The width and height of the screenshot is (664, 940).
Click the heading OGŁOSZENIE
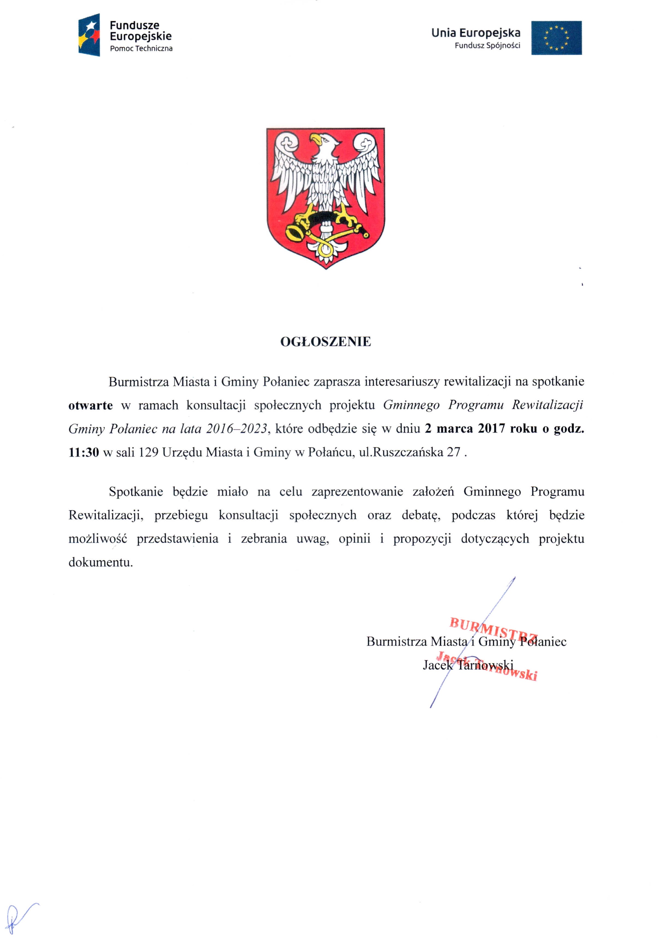(x=325, y=341)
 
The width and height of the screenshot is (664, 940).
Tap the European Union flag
(x=556, y=38)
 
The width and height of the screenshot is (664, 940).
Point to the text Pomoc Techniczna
(x=141, y=49)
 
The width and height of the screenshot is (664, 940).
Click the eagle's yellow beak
(x=315, y=139)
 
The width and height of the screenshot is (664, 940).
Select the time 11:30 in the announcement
(x=84, y=453)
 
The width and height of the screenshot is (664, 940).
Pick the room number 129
(x=148, y=453)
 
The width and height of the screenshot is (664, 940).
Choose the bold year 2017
(x=491, y=429)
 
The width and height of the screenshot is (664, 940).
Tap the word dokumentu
(x=101, y=562)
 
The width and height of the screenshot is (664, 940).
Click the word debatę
(x=421, y=515)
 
